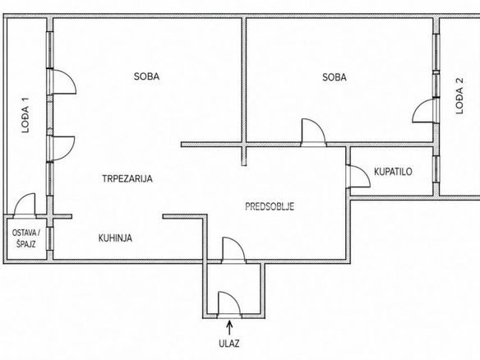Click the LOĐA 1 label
click(x=25, y=115)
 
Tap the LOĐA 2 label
click(x=459, y=96)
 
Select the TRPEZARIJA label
click(x=127, y=178)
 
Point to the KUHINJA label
click(x=115, y=238)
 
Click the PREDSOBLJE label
click(x=270, y=206)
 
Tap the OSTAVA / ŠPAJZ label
click(x=26, y=238)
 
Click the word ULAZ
click(x=229, y=344)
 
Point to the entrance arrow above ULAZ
click(x=229, y=328)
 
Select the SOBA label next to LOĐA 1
click(x=146, y=76)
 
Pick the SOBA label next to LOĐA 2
click(x=335, y=77)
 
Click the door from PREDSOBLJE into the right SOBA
click(x=313, y=132)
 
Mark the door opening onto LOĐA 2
click(x=425, y=111)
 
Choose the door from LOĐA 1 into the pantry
click(x=24, y=205)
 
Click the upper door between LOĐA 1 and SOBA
click(x=62, y=81)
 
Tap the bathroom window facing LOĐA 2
click(x=436, y=169)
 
